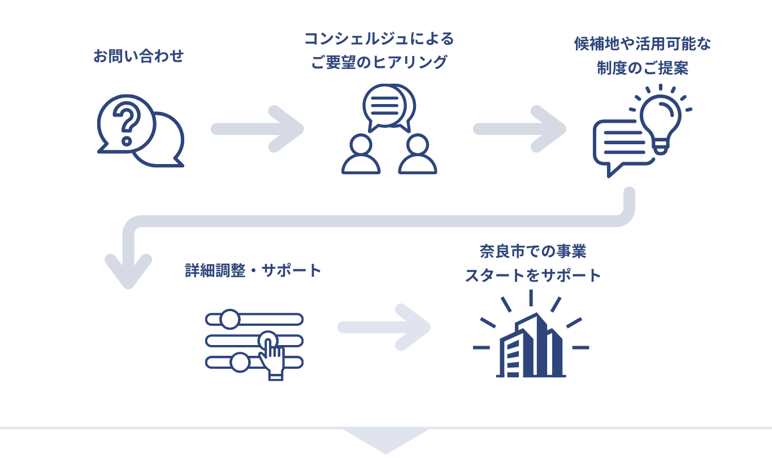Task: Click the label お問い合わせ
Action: pos(138,57)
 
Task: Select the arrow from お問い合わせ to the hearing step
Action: pos(258,129)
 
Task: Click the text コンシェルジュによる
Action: pos(379,39)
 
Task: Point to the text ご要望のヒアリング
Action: pos(379,62)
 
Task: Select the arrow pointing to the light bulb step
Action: pos(520,129)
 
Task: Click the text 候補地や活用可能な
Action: pos(643,45)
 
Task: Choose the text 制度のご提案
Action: pos(643,68)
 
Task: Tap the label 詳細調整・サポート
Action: pos(253,270)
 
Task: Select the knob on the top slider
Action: pos(229,319)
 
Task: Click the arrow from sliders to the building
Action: pos(384,328)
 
